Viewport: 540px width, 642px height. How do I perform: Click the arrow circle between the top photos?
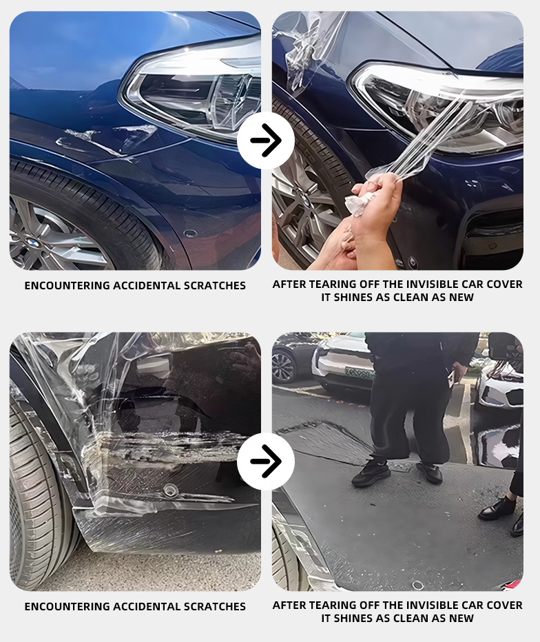tap(266, 141)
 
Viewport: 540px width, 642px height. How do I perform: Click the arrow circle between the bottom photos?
tap(266, 462)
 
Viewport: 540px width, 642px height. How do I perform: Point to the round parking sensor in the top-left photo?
tap(189, 234)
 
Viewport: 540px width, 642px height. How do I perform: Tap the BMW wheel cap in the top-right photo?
tap(304, 200)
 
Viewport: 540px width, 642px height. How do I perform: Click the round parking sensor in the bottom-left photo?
tap(169, 489)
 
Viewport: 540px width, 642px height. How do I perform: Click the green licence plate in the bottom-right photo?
tap(359, 373)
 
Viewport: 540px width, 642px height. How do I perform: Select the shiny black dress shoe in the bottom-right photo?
tap(495, 509)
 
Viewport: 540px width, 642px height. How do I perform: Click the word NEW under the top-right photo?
tap(461, 298)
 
